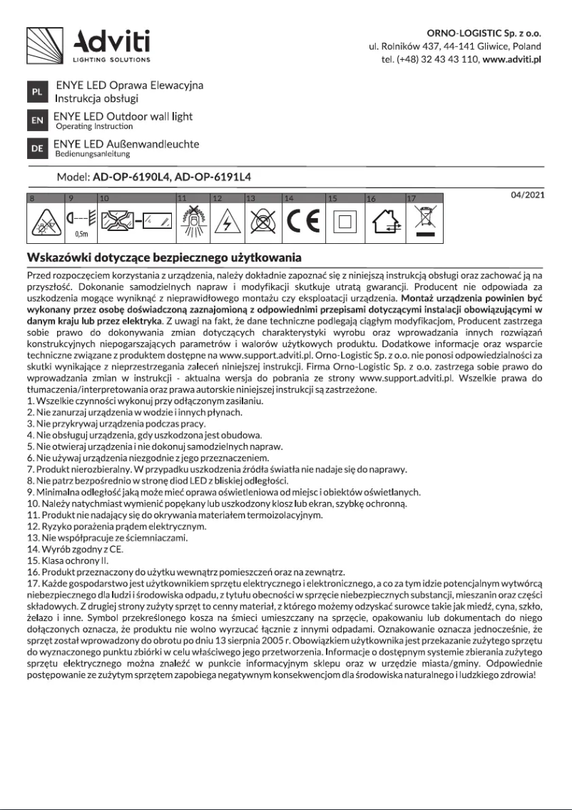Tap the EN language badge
point(37,121)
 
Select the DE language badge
point(37,148)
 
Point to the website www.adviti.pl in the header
point(512,59)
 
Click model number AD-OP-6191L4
point(213,176)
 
